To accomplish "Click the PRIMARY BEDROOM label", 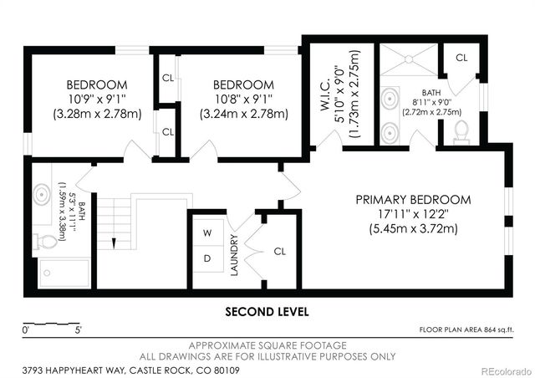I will (x=413, y=200).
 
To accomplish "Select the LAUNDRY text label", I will (x=235, y=255).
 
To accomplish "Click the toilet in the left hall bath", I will (x=48, y=242).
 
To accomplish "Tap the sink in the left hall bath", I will (x=43, y=196).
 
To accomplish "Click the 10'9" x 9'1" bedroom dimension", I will (x=97, y=99).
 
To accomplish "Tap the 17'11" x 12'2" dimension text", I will (x=413, y=214).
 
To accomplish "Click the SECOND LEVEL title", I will (x=267, y=311).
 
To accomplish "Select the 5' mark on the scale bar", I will (x=78, y=331).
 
